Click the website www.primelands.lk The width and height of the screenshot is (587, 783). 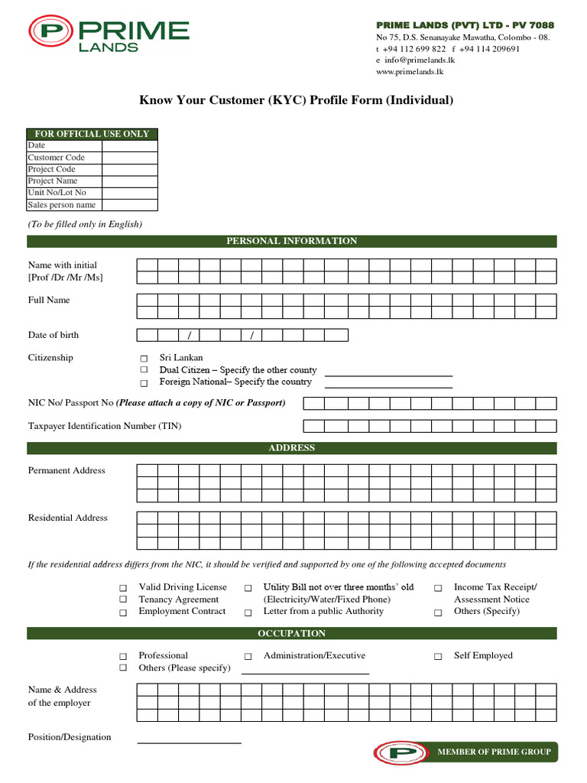click(x=410, y=71)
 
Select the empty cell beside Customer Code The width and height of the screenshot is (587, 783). click(x=129, y=158)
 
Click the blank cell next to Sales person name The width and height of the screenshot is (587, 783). click(x=129, y=205)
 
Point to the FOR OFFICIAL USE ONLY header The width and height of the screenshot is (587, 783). click(x=92, y=134)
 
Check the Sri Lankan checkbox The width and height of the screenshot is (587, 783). click(x=144, y=359)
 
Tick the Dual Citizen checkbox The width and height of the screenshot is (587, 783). click(x=144, y=370)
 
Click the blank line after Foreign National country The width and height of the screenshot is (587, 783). click(x=389, y=387)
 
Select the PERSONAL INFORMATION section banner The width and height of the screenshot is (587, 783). click(x=292, y=241)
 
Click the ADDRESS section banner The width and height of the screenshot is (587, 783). click(x=292, y=448)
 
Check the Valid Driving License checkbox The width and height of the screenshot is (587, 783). click(x=123, y=588)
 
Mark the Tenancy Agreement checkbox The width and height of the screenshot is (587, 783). click(x=123, y=600)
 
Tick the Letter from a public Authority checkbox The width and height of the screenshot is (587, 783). click(x=248, y=612)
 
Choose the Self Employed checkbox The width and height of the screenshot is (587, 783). click(x=438, y=656)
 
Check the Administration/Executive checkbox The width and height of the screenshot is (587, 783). click(x=248, y=656)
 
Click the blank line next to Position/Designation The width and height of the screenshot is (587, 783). click(x=189, y=742)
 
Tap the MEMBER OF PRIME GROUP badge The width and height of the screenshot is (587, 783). click(x=466, y=752)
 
